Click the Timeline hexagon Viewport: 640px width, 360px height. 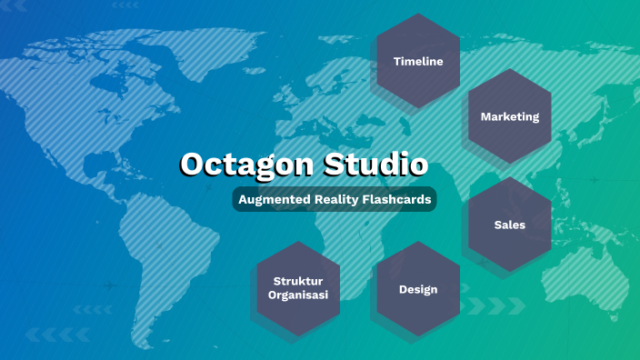pyautogui.click(x=418, y=61)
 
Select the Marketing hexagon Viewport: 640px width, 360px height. pyautogui.click(x=510, y=116)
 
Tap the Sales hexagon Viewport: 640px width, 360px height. pyautogui.click(x=510, y=224)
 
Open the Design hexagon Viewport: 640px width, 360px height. pyautogui.click(x=418, y=289)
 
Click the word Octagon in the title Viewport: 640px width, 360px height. pyautogui.click(x=239, y=165)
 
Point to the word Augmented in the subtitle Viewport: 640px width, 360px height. pyautogui.click(x=271, y=199)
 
